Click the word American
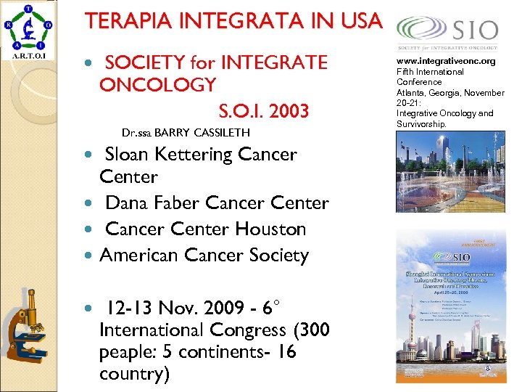tap(140, 255)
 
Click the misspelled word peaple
tap(128, 352)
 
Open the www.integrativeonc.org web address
tap(446, 62)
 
